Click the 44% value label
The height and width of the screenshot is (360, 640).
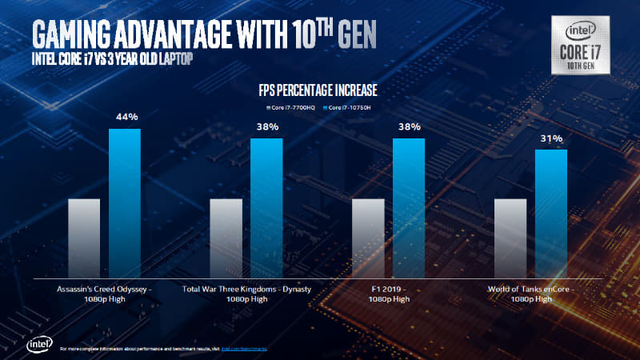click(x=124, y=117)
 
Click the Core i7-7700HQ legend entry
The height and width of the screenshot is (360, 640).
click(x=289, y=107)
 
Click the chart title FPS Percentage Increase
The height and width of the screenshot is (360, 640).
click(x=318, y=89)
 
